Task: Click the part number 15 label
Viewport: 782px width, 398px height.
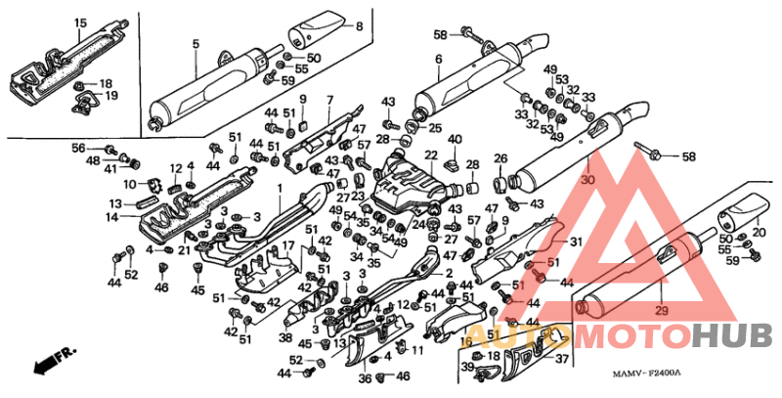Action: pos(79,22)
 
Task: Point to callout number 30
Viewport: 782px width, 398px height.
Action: pos(587,181)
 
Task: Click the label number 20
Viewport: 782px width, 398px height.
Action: pos(759,232)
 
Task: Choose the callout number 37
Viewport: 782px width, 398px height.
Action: pos(562,359)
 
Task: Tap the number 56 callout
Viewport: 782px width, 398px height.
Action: pos(78,147)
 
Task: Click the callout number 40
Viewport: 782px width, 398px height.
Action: pos(455,139)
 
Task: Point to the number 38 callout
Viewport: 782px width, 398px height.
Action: pos(285,337)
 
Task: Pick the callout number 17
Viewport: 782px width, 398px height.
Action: pos(288,244)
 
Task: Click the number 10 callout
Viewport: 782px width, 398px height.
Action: pos(129,185)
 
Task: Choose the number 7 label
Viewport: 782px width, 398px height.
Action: pos(330,100)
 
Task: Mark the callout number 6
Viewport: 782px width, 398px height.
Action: pos(439,59)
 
